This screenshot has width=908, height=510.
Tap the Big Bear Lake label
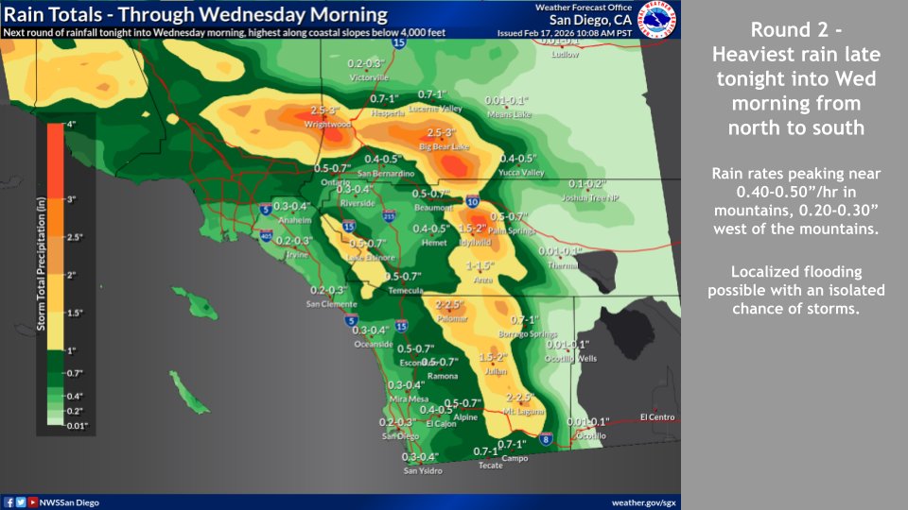(444, 146)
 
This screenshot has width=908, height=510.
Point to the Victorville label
(368, 76)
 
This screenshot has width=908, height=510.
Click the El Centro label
(656, 416)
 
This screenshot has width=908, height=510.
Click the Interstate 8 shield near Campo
(546, 438)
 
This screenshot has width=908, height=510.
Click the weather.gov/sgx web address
(642, 502)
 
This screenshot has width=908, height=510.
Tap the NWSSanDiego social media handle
(68, 502)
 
